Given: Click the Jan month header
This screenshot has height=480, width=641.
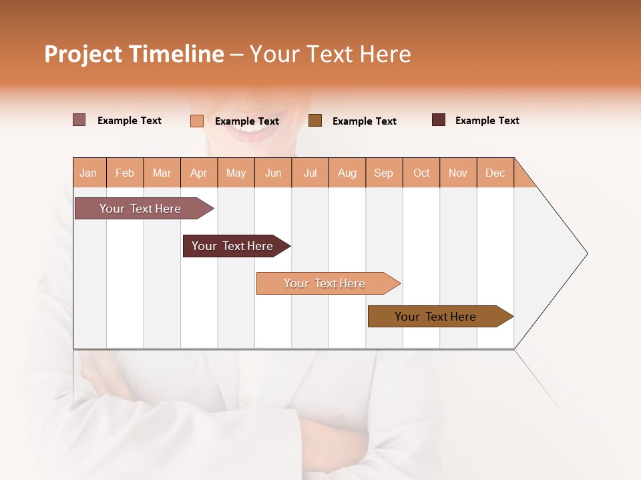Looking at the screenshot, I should coord(89,173).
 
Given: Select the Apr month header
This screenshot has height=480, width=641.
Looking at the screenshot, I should coord(199,173).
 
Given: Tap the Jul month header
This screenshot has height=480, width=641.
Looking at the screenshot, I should coord(310,173).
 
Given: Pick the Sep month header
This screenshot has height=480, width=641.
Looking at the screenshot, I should coord(383,173).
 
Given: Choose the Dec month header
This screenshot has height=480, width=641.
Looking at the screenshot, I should coord(495,173).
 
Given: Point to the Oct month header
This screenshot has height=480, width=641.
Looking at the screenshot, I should coord(421,173).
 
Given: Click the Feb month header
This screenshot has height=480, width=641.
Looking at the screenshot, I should coord(125,173).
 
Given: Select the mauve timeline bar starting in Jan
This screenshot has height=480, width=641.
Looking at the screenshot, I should coord(140,209).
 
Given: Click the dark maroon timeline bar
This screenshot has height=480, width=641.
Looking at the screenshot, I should coord(232,246).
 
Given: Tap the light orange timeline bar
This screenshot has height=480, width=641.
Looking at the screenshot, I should coord(325,283).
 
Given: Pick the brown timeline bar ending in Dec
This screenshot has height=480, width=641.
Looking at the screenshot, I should coord(435,317).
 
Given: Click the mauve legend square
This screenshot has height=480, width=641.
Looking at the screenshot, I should coord(79,120).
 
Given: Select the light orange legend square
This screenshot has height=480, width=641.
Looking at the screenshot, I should coord(197,121).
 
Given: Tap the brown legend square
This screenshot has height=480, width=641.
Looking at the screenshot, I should coord(315,121).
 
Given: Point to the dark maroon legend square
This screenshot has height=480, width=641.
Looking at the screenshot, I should coord(439,120).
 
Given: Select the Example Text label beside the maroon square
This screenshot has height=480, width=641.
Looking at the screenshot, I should coord(487,121).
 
